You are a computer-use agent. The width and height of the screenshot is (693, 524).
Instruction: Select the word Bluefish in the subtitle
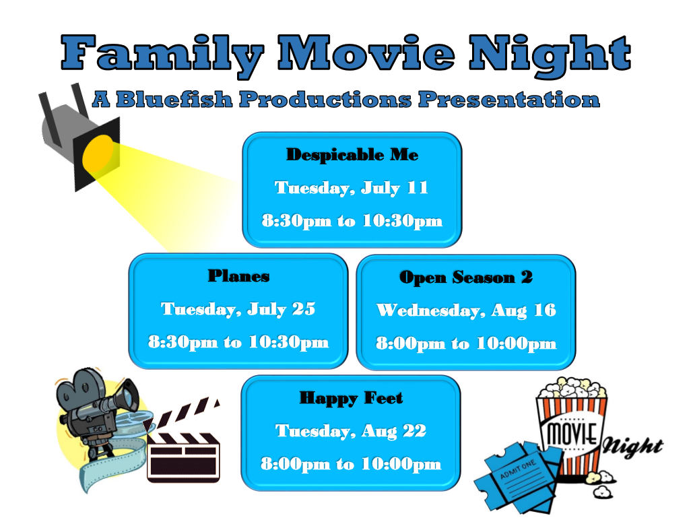[x=174, y=99]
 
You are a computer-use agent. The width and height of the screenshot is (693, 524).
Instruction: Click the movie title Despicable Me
[x=352, y=155]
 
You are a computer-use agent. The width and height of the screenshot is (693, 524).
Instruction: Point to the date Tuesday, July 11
[x=352, y=188]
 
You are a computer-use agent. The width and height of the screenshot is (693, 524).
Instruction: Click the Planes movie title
[x=238, y=276]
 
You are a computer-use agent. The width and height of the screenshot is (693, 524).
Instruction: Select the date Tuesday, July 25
[x=238, y=309]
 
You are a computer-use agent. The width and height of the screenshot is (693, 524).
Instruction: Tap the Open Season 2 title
[x=466, y=277]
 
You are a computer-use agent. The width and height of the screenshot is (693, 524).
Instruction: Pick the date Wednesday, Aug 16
[x=466, y=310]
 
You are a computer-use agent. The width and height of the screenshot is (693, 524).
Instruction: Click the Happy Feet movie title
[x=352, y=398]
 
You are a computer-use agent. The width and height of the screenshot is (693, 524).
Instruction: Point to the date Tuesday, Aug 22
[x=351, y=431]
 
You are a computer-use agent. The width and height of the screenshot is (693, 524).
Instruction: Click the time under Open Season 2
[x=466, y=343]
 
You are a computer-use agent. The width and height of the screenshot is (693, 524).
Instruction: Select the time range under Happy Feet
[x=351, y=464]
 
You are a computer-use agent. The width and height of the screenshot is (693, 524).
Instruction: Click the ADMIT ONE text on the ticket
[x=517, y=469]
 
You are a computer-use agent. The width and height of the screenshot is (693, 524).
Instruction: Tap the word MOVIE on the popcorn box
[x=572, y=433]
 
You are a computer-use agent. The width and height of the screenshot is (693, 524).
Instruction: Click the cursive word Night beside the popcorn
[x=633, y=447]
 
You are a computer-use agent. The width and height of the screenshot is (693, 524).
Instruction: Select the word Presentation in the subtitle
[x=509, y=99]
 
